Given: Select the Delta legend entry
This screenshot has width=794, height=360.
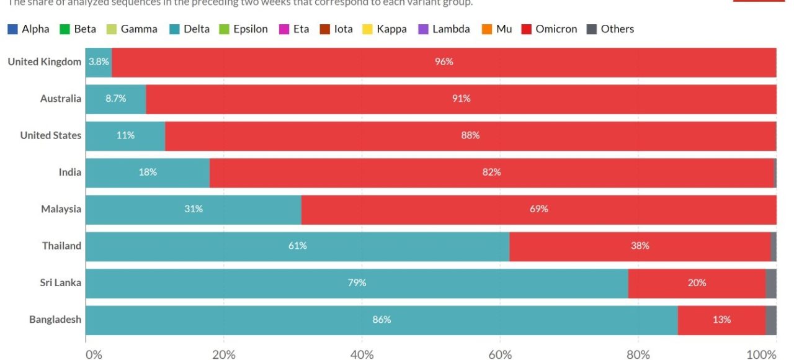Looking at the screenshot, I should [190, 29].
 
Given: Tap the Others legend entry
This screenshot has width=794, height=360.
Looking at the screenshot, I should [610, 29].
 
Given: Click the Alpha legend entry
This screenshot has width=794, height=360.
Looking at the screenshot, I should [29, 29].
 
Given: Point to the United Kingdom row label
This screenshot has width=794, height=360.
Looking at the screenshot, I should [44, 61].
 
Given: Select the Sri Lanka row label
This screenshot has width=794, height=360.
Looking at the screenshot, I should [61, 283].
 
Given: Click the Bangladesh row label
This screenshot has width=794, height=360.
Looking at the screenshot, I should [55, 320].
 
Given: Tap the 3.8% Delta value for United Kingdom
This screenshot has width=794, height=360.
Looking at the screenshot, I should [99, 62].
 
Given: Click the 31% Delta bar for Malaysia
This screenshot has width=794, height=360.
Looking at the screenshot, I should [193, 209].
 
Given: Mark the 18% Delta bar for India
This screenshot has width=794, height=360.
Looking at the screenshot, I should [148, 173].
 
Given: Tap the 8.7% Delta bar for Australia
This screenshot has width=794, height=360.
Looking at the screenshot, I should [116, 99].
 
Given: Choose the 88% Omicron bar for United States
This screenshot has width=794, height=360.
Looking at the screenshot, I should [470, 135].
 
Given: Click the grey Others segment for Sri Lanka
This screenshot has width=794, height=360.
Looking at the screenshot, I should [771, 283].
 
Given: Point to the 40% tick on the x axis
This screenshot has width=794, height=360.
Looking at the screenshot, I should [362, 354].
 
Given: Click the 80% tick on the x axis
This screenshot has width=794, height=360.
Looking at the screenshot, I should [638, 354].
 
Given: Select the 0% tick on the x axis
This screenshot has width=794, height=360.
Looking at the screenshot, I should [93, 354].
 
